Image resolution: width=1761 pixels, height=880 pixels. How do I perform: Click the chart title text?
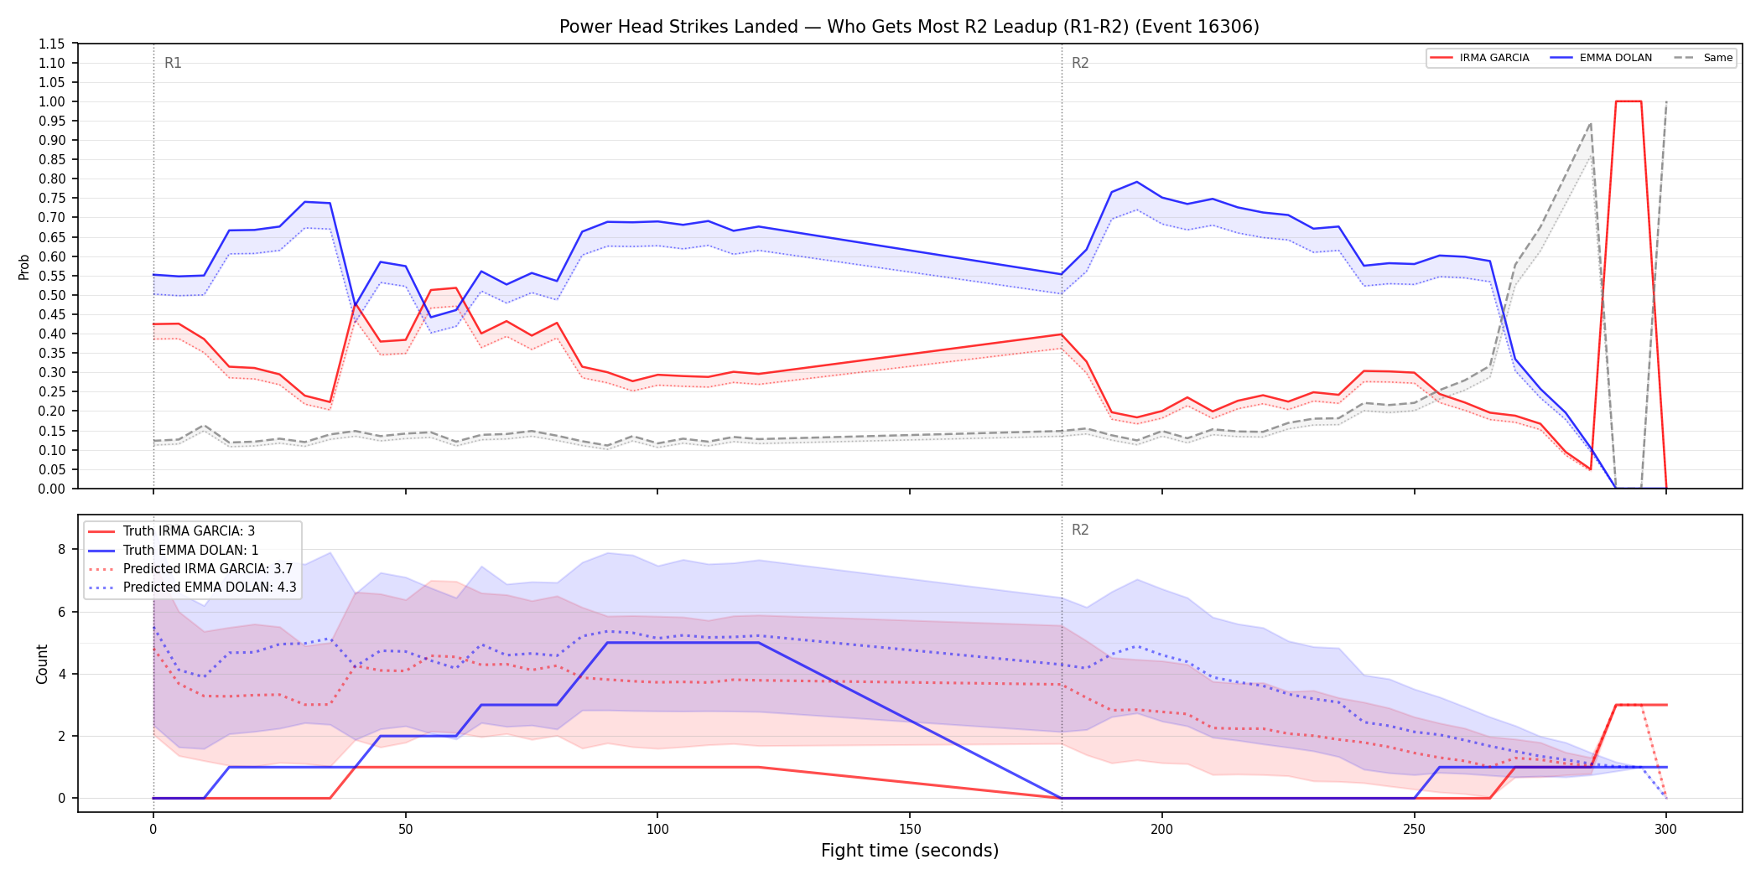[x=909, y=27]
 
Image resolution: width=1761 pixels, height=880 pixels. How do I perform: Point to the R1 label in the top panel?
[x=173, y=63]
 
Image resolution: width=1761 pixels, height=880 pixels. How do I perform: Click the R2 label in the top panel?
[x=1080, y=63]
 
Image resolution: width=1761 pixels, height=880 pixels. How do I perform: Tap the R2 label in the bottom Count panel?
[x=1080, y=530]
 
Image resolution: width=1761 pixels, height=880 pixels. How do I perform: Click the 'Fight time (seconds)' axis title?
[x=910, y=851]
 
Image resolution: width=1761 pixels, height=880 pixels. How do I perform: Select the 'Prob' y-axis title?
[x=24, y=267]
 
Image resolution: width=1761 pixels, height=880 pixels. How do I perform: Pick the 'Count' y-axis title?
[x=42, y=664]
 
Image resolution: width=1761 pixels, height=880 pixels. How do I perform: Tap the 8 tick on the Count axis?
[x=61, y=550]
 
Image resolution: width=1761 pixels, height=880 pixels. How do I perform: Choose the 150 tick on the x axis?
[x=910, y=830]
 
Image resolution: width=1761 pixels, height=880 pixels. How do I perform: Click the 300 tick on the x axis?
[x=1666, y=830]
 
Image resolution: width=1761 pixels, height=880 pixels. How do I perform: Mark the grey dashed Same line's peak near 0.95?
[x=1590, y=123]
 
